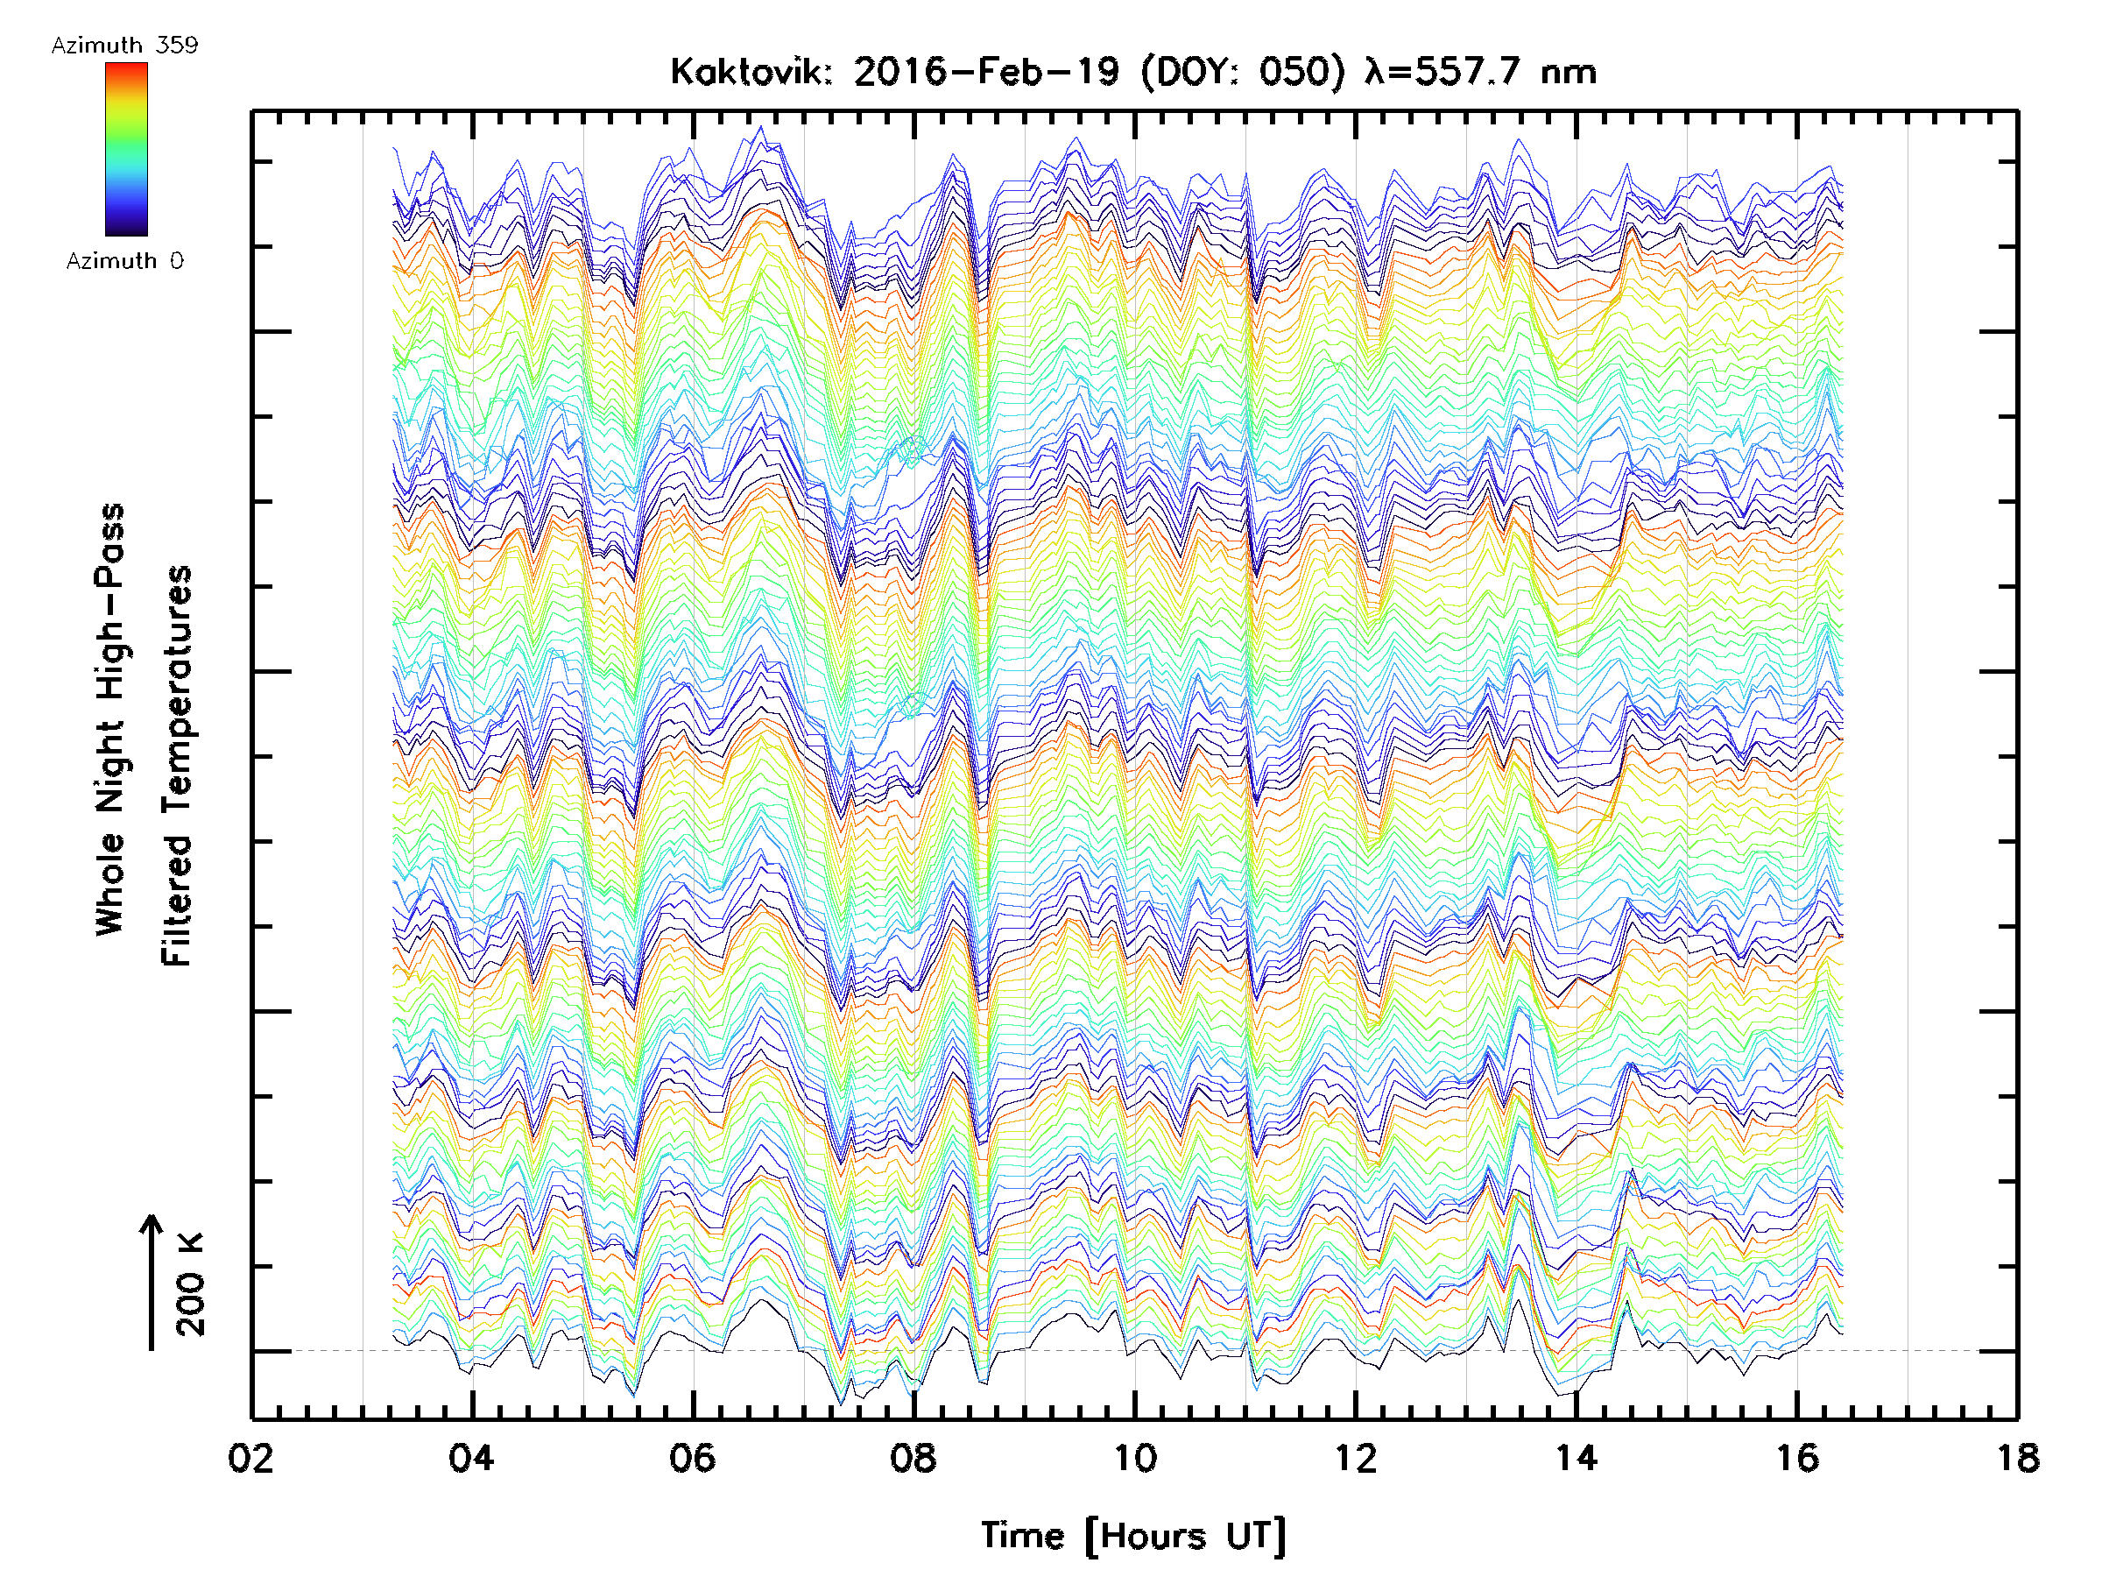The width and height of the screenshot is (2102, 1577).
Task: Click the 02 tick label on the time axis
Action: [250, 1458]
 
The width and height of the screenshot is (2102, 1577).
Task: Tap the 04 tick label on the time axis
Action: [471, 1458]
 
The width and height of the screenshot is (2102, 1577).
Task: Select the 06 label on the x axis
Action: [692, 1458]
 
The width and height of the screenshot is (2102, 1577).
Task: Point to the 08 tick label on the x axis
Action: [913, 1458]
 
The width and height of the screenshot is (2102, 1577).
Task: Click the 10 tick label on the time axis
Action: [1134, 1458]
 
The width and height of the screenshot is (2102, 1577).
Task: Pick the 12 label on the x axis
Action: [1355, 1458]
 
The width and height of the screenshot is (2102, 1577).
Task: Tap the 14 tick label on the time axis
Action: [1576, 1458]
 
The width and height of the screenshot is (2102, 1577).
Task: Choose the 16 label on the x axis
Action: [1797, 1458]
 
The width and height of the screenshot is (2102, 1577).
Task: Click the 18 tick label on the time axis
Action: [2017, 1458]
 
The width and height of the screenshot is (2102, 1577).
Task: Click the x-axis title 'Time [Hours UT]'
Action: [1133, 1536]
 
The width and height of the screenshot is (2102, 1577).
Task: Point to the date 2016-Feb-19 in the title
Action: [986, 72]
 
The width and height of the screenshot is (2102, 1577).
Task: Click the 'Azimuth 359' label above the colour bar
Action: [124, 46]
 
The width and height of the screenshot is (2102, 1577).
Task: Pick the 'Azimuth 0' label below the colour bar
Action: [124, 260]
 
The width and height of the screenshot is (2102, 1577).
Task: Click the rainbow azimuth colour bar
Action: [126, 149]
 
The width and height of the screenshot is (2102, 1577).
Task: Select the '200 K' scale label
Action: [191, 1284]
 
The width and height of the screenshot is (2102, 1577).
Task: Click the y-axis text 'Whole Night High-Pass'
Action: [111, 719]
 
